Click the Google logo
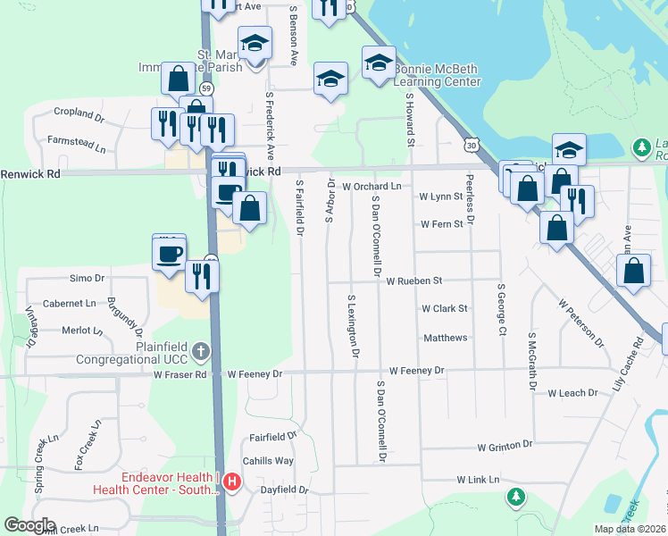(x=29, y=525)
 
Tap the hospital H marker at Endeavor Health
(x=232, y=483)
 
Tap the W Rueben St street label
(x=413, y=281)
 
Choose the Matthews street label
(x=445, y=338)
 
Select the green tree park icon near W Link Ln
(x=515, y=496)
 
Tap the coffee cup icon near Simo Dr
(x=169, y=253)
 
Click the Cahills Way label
(x=271, y=461)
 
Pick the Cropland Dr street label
(x=79, y=113)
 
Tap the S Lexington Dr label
(x=354, y=326)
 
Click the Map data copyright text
(x=630, y=529)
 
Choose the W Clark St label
(x=445, y=308)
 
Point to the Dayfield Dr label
(x=284, y=490)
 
